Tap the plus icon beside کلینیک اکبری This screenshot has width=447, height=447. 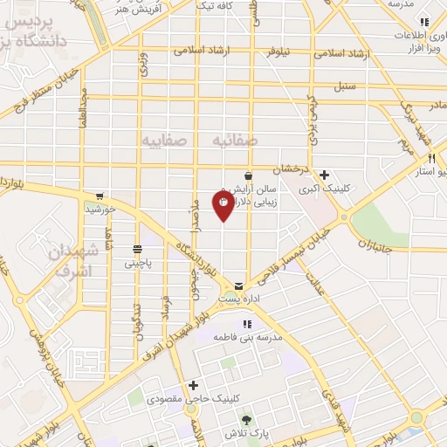tap(325, 175)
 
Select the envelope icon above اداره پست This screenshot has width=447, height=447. tap(238, 285)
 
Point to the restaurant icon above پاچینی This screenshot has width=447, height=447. tap(137, 249)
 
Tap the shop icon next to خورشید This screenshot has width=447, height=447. tap(101, 196)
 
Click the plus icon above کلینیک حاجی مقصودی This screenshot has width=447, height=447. tap(193, 385)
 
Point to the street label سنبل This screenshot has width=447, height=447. tap(347, 87)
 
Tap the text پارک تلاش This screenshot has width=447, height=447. tap(244, 434)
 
